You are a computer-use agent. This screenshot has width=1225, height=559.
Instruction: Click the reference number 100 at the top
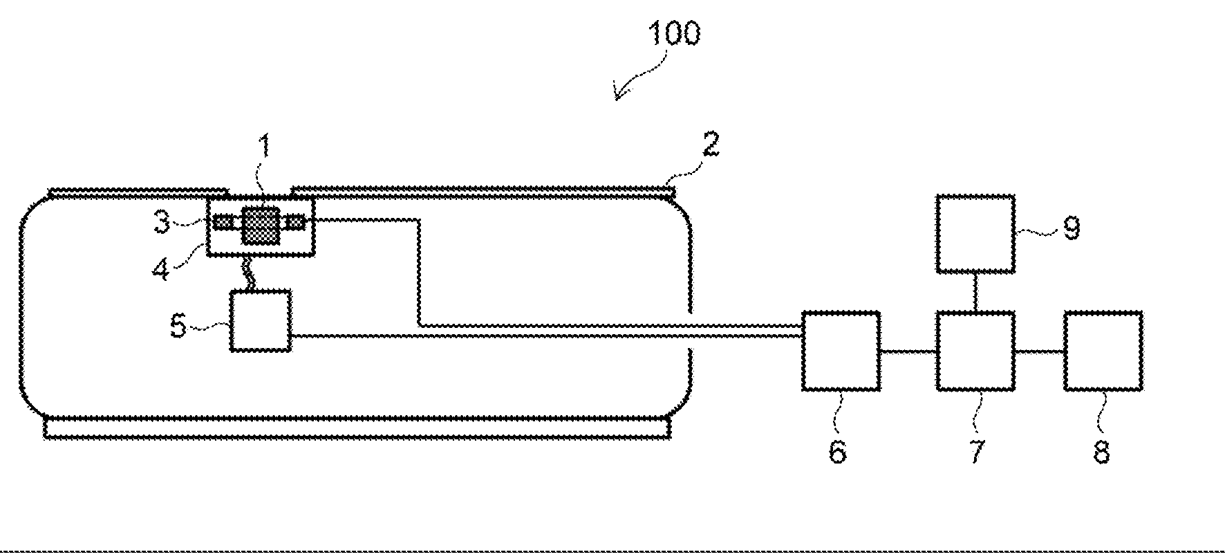pos(673,33)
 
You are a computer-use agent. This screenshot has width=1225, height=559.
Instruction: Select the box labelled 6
pos(840,351)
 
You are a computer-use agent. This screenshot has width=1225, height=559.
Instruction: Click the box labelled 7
pos(975,351)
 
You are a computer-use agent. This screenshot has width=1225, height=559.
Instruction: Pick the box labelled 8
pos(1102,351)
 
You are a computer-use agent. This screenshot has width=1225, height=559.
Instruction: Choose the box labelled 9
pos(975,234)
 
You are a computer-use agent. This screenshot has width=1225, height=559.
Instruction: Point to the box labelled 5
pos(260,320)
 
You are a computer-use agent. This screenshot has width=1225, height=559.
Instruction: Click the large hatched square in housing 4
pos(260,226)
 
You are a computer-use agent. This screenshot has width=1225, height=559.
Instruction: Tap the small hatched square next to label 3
pos(223,222)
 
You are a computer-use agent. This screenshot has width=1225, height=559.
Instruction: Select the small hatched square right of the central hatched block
pos(296,222)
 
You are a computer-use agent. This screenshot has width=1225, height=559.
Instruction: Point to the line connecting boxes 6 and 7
pos(908,351)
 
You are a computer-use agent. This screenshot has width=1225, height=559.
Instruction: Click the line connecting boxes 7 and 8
pos(1039,351)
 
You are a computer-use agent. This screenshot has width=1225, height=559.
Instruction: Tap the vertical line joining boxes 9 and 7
pos(975,292)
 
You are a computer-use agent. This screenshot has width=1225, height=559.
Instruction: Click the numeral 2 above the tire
pos(710,144)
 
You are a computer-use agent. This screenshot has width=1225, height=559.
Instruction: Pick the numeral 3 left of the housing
pos(161,223)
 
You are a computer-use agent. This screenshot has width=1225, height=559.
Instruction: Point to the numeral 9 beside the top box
pos(1071,227)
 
